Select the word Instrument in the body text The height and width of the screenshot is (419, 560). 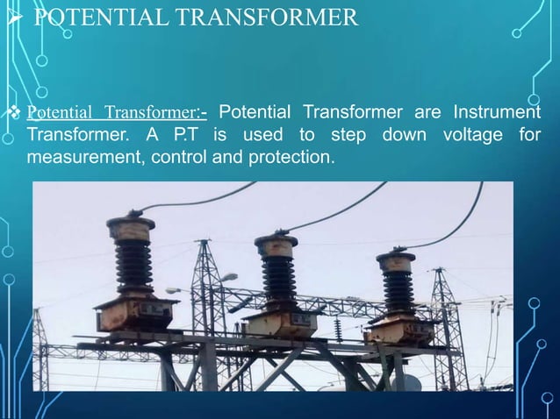click(x=497, y=114)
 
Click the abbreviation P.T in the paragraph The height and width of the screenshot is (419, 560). click(x=181, y=137)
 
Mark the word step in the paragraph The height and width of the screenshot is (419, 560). click(x=348, y=137)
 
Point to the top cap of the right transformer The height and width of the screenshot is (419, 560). click(x=396, y=261)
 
